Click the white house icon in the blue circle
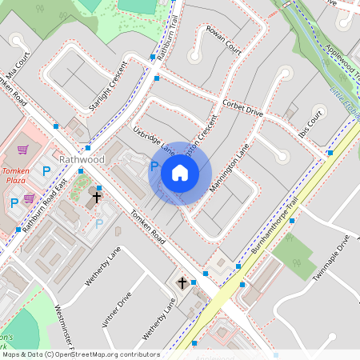pos(180,172)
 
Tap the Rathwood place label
pos(82,160)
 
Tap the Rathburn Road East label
pos(45,207)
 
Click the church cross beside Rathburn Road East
pos(97,196)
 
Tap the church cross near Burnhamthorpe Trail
pos(182,282)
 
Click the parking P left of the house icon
pos(154,166)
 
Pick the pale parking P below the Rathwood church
pos(99,224)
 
